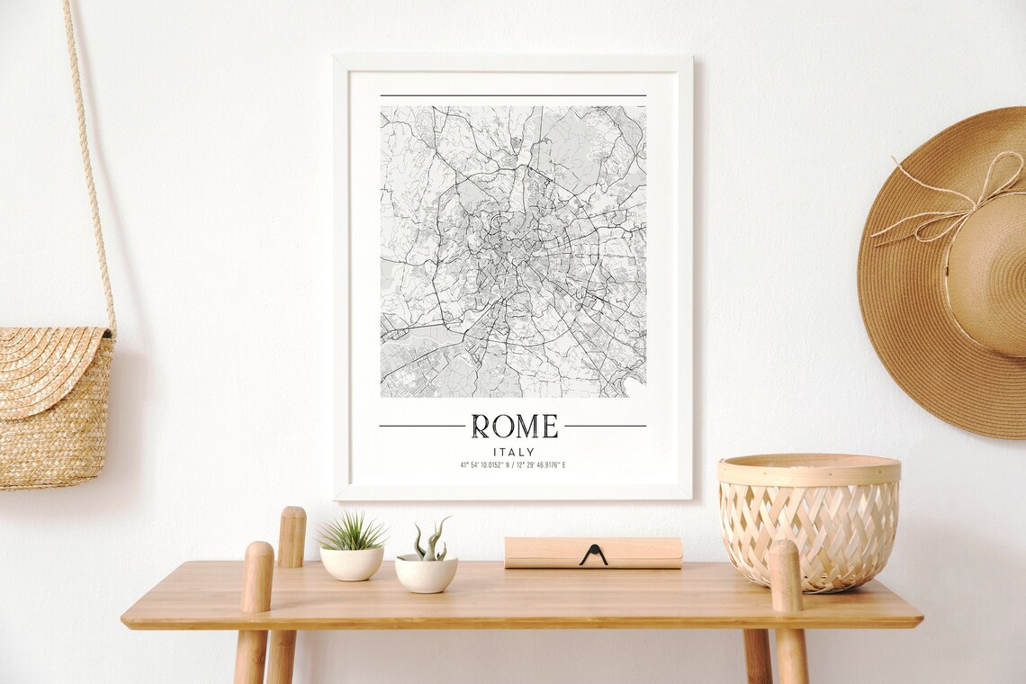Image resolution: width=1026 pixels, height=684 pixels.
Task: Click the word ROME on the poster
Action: (x=514, y=426)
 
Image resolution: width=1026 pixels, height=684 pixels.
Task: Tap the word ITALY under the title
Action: (x=514, y=452)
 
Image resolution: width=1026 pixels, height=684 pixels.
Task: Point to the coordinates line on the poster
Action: (x=513, y=465)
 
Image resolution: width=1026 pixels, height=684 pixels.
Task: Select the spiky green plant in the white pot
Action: (x=352, y=532)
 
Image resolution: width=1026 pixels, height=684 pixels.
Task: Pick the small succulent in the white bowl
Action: (x=428, y=543)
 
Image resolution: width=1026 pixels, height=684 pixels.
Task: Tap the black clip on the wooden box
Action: (x=593, y=555)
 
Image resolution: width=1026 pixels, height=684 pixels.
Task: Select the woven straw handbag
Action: (x=54, y=409)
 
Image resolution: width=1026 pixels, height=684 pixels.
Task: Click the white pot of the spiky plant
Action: (x=352, y=563)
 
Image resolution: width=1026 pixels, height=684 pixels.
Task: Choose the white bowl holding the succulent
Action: (x=426, y=574)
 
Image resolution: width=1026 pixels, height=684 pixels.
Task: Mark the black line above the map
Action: (x=513, y=95)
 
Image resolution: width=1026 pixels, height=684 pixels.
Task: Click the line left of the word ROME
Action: (x=421, y=426)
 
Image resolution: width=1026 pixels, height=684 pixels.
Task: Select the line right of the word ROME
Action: (x=605, y=426)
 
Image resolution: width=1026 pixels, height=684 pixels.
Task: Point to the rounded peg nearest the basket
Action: (x=785, y=576)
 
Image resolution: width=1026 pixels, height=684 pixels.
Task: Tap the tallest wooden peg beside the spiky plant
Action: (x=292, y=536)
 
